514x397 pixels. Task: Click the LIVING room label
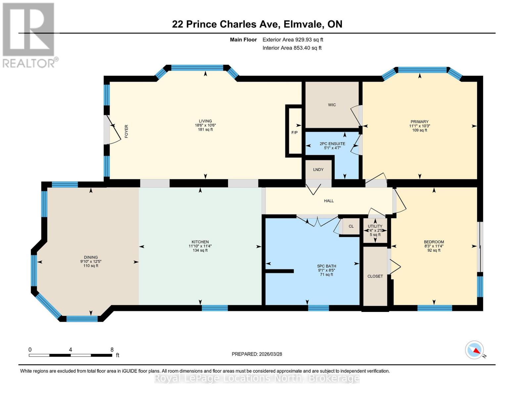pos(205,121)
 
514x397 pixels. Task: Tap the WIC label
pos(332,105)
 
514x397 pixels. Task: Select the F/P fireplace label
pos(294,133)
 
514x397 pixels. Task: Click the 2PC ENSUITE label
pos(332,144)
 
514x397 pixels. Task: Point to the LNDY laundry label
pos(318,170)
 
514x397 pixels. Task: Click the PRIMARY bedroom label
pos(419,122)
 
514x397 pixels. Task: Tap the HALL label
pos(329,201)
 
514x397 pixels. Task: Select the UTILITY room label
pos(375,226)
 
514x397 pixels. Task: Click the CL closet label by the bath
pos(351,226)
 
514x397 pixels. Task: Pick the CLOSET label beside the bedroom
pos(375,276)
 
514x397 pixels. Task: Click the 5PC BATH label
pos(326,266)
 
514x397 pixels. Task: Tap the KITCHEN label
pos(200,242)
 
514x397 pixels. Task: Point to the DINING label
pos(91,257)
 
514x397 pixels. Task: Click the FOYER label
pos(126,131)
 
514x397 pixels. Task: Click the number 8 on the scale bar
pos(112,350)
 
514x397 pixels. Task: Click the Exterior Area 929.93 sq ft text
pos(293,40)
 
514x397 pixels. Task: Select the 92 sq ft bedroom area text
pos(434,250)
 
